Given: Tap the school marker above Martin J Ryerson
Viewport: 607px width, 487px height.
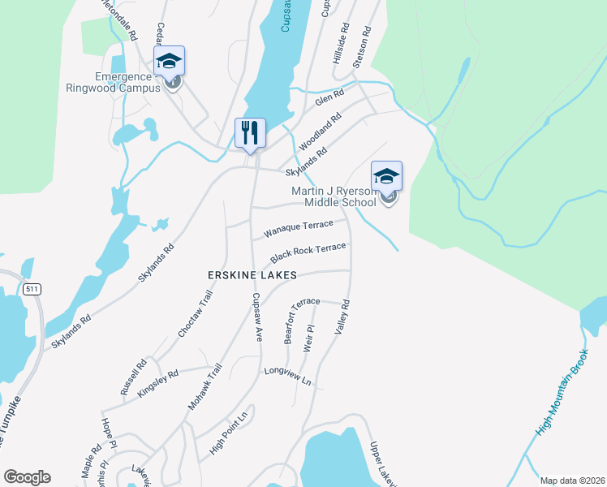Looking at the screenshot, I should click(x=386, y=176).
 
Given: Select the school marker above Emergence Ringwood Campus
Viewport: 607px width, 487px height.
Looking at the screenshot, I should click(x=170, y=61).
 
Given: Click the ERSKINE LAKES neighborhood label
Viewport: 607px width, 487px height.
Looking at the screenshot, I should click(x=252, y=276).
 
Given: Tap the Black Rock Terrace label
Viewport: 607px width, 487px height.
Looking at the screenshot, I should click(x=308, y=252).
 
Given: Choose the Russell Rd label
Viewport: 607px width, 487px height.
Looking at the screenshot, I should click(x=134, y=377).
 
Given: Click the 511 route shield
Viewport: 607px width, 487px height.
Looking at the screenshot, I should click(x=32, y=289).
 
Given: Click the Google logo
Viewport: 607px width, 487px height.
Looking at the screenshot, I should click(x=27, y=477).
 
